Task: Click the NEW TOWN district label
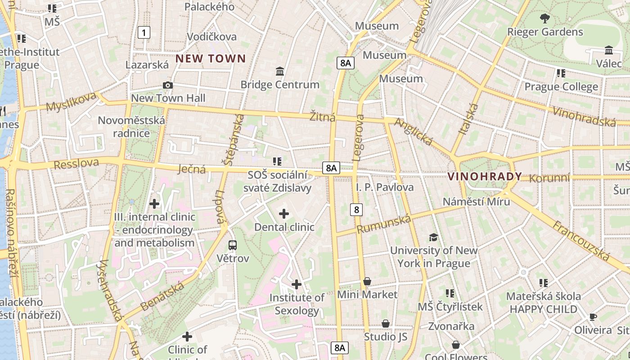[x=211, y=58]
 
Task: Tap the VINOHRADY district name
[x=485, y=176]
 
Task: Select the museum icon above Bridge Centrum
[x=280, y=71]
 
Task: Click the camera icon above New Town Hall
[x=167, y=85]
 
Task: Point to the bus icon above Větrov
[x=233, y=245]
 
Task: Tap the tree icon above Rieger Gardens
[x=545, y=18]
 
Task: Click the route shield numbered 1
[x=144, y=32]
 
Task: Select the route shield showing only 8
[x=357, y=209]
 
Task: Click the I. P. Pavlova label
[x=385, y=187]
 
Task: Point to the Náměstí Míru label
[x=477, y=201]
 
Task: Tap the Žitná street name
[x=323, y=117]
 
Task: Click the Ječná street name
[x=192, y=169]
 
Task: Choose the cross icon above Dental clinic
[x=284, y=213]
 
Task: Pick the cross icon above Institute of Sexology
[x=297, y=284]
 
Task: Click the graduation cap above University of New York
[x=433, y=237]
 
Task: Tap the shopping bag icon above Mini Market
[x=368, y=281]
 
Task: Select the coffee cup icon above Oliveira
[x=593, y=317]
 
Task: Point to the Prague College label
[x=561, y=86]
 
